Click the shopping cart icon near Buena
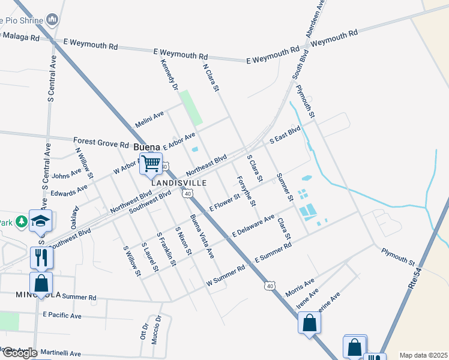coord(151,163)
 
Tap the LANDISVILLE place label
coord(179,182)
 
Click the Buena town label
coord(147,147)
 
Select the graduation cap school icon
coord(41,221)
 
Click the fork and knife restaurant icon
coord(41,257)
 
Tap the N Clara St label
coord(211,78)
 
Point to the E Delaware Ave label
coord(253,225)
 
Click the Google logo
coord(19,353)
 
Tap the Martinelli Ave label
coord(58,354)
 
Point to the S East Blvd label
coord(285,135)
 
